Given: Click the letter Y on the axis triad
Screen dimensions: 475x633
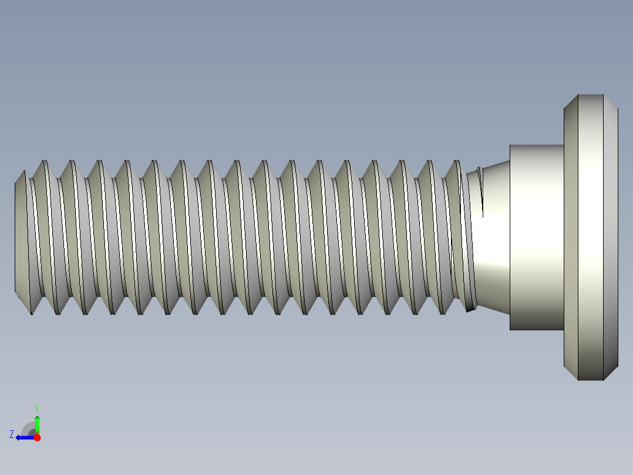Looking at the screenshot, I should (x=36, y=407).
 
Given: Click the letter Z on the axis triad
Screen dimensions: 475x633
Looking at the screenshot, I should (x=11, y=434).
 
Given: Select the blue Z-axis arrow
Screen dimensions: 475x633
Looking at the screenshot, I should (x=23, y=437).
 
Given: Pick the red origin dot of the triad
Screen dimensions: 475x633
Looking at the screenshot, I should (x=37, y=437).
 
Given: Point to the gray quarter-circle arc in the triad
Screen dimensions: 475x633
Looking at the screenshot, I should (x=28, y=429).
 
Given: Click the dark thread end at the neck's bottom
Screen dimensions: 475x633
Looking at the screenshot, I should (x=470, y=307).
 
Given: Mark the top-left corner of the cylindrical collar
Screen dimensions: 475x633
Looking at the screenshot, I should (x=510, y=145).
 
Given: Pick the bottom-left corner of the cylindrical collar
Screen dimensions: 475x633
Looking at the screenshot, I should (x=510, y=329).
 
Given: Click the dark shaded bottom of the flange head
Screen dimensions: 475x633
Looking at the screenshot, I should (x=591, y=367).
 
